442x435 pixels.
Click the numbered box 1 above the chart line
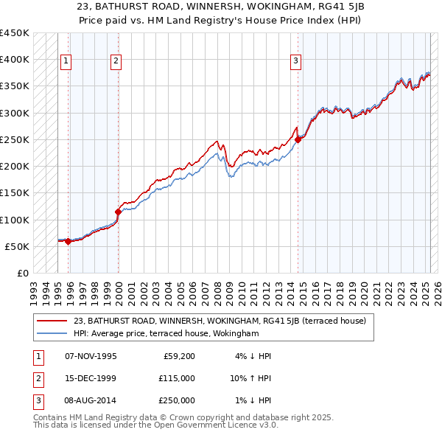66,61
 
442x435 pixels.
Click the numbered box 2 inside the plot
116,61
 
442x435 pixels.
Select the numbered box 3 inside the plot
295,61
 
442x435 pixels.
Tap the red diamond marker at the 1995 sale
69,241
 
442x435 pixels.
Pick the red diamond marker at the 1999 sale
119,212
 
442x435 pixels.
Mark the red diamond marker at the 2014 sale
298,139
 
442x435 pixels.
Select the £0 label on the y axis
22,273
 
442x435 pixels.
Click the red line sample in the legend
54,321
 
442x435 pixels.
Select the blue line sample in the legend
54,333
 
